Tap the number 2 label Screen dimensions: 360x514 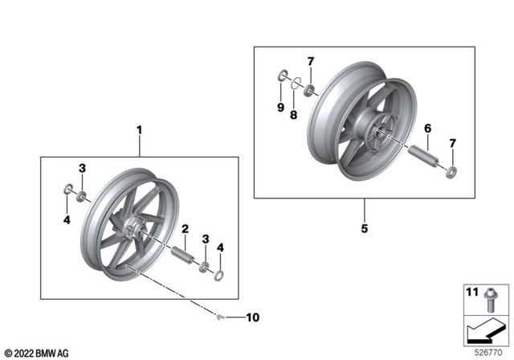click(185, 229)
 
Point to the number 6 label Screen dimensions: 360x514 click(427, 129)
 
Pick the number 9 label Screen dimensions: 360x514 click(280, 107)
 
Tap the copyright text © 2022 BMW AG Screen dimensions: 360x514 click(37, 352)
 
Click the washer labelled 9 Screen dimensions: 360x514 click(282, 76)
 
